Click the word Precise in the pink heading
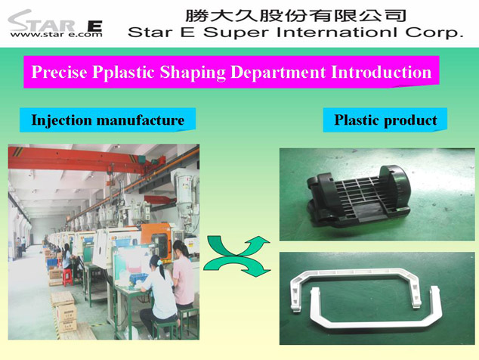[x=59, y=72]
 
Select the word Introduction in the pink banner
[x=382, y=72]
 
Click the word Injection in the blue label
[x=61, y=120]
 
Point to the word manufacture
[x=141, y=120]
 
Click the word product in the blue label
[x=410, y=120]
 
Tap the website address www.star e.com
[x=56, y=34]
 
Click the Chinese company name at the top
[x=295, y=16]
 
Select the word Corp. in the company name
[x=434, y=33]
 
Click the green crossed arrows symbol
[x=236, y=256]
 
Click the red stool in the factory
[x=68, y=277]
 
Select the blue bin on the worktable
[x=138, y=278]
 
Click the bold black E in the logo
[x=94, y=26]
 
